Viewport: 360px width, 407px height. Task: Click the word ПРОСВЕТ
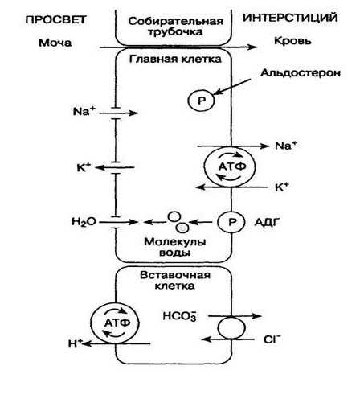click(55, 19)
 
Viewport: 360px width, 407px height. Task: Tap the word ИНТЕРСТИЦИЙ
click(290, 18)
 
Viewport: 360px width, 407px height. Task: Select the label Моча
click(55, 43)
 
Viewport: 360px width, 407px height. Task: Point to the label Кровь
click(292, 41)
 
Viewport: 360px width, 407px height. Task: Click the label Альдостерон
click(301, 72)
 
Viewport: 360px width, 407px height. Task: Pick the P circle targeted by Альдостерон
click(201, 101)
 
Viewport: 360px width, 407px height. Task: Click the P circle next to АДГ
click(231, 222)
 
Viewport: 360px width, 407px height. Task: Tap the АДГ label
click(268, 222)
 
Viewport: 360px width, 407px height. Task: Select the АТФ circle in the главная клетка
click(230, 166)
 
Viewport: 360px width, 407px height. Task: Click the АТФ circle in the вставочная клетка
click(115, 323)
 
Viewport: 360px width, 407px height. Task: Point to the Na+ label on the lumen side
click(84, 111)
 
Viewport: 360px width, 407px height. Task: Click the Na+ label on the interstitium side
click(286, 146)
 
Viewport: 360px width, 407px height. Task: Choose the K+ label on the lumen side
click(84, 167)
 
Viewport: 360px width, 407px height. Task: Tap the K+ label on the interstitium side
click(282, 187)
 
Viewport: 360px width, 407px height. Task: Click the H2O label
click(84, 222)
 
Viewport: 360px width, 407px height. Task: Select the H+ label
click(76, 343)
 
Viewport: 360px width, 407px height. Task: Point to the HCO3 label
click(180, 316)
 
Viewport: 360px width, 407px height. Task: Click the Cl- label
click(272, 339)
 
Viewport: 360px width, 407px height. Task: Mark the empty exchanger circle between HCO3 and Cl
click(231, 327)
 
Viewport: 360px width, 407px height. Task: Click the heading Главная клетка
click(175, 59)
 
